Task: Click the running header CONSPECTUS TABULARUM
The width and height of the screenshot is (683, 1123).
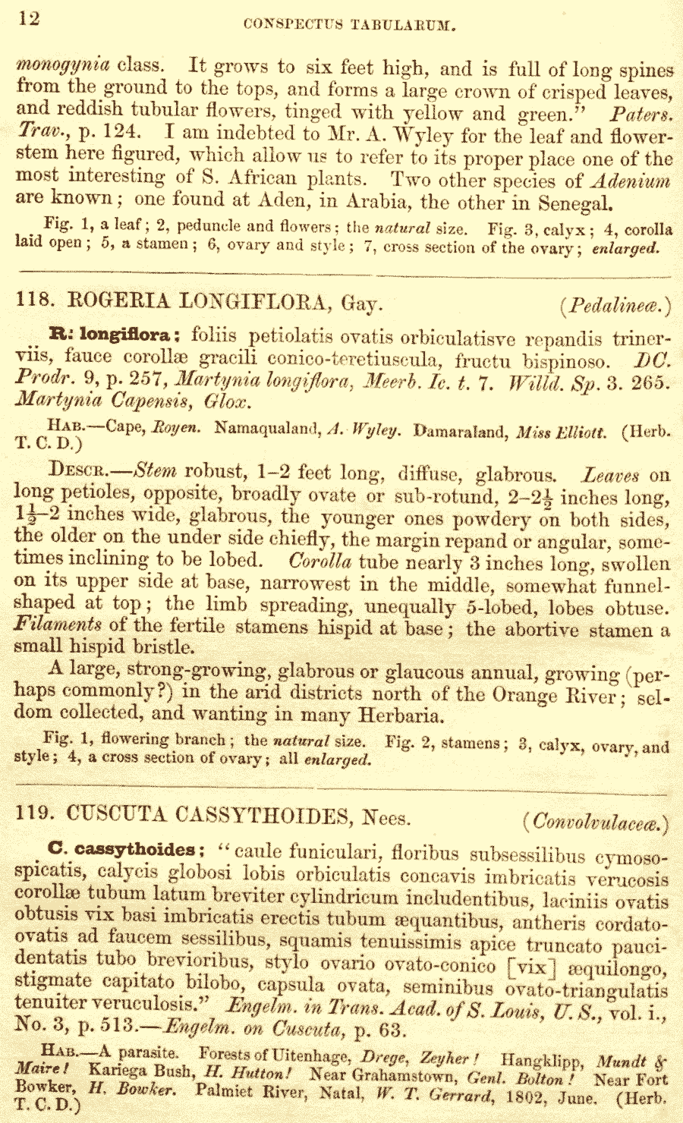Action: coord(349,25)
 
